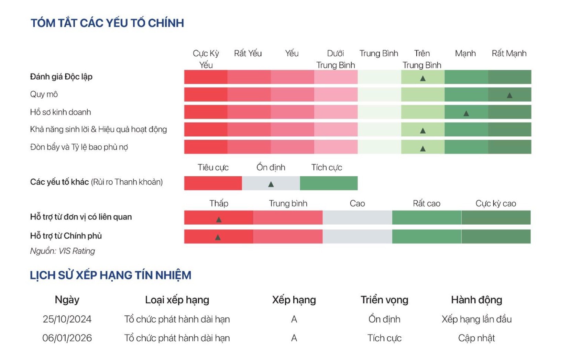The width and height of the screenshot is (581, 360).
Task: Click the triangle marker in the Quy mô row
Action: (509, 95)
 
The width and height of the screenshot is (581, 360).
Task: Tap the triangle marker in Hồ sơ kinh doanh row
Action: (466, 113)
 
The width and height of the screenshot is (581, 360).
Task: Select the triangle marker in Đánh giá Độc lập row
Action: (423, 78)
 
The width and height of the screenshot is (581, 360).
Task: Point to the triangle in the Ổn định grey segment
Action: (271, 184)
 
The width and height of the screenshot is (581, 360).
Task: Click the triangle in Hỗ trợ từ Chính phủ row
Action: (218, 237)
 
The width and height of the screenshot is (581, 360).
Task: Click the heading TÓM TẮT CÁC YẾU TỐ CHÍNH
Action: (107, 23)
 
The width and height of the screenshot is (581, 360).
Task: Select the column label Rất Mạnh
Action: (509, 54)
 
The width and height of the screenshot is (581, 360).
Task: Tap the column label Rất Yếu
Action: (248, 54)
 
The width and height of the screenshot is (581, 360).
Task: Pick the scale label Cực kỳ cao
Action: (495, 203)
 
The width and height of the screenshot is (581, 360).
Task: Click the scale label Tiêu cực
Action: (213, 168)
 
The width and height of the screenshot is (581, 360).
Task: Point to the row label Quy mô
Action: (44, 94)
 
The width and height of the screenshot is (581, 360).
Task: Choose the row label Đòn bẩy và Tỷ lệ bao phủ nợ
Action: (79, 147)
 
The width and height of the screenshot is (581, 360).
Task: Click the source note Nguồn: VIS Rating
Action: (62, 251)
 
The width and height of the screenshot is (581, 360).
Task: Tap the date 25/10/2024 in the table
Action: (67, 319)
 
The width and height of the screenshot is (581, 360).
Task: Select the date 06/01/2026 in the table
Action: (67, 338)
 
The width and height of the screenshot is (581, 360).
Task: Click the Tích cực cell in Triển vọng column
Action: (384, 338)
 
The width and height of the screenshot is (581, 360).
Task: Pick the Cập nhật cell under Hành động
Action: (476, 338)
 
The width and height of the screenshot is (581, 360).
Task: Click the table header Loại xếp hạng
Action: (177, 300)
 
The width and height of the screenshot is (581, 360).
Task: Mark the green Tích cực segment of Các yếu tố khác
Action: (328, 183)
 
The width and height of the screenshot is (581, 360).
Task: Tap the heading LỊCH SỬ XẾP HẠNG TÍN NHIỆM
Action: (110, 275)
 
